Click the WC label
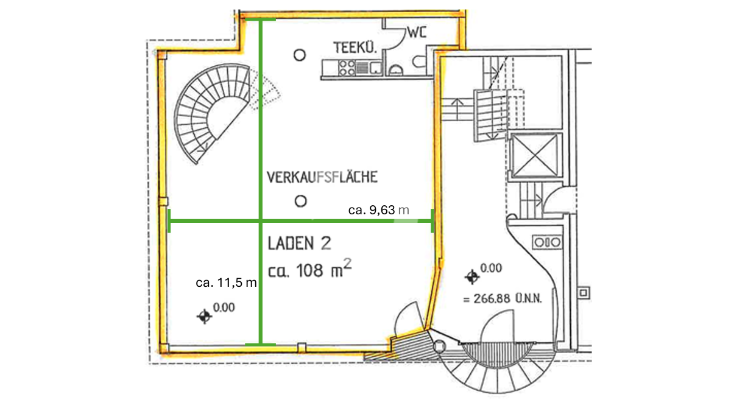[417, 33]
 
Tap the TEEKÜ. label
[355, 47]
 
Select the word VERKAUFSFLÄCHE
[322, 177]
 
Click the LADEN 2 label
[299, 244]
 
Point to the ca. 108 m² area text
[309, 269]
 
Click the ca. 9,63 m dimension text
[378, 210]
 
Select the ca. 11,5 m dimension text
[226, 283]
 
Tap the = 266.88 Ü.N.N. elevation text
[503, 298]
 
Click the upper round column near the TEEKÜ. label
[300, 55]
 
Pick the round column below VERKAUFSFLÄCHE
[300, 201]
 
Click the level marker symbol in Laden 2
[205, 317]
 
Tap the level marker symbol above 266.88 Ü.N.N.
[472, 277]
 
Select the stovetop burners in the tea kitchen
[347, 68]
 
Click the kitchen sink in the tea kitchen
[376, 68]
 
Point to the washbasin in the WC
[396, 71]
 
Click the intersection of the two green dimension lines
[261, 221]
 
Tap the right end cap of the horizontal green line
[432, 221]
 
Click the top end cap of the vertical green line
[261, 20]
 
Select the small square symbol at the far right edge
[584, 293]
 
